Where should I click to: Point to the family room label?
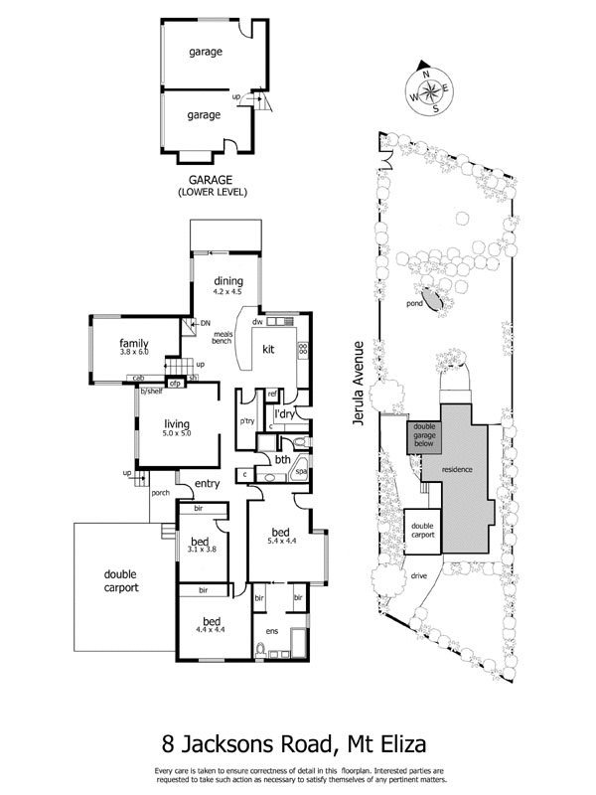pos(134,342)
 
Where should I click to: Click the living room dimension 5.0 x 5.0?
pos(176,433)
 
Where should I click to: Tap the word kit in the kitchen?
pos(268,349)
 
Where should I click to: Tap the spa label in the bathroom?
pos(301,473)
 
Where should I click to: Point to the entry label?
pos(207,484)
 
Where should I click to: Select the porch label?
pos(161,492)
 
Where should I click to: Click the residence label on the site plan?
pos(458,468)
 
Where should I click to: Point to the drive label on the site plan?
pos(421,575)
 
